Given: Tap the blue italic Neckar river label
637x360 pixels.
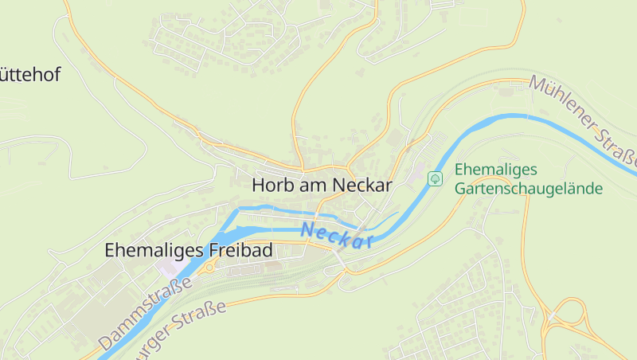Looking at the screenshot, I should click(x=338, y=236).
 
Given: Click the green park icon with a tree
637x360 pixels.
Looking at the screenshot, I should click(x=435, y=178).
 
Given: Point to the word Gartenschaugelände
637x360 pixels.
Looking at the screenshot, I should click(x=529, y=189).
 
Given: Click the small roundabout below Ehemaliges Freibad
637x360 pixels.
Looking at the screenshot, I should click(x=209, y=268).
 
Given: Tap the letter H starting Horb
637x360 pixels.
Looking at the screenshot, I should click(x=259, y=185).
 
